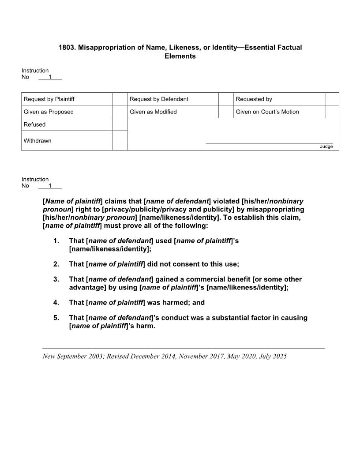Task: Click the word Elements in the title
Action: pyautogui.click(x=180, y=56)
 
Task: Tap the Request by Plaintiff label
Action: pyautogui.click(x=49, y=99)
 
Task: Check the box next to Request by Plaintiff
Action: pyautogui.click(x=120, y=99)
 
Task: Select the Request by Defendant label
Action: pyautogui.click(x=159, y=99)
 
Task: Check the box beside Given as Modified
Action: pyautogui.click(x=226, y=112)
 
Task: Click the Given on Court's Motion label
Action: pyautogui.click(x=267, y=112)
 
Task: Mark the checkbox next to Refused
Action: pyautogui.click(x=120, y=124)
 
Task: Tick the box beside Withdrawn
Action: pyautogui.click(x=120, y=140)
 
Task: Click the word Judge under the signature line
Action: pyautogui.click(x=326, y=147)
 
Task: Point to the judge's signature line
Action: pyautogui.click(x=269, y=143)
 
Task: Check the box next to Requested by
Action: pyautogui.click(x=332, y=99)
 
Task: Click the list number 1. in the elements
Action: pyautogui.click(x=56, y=241)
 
